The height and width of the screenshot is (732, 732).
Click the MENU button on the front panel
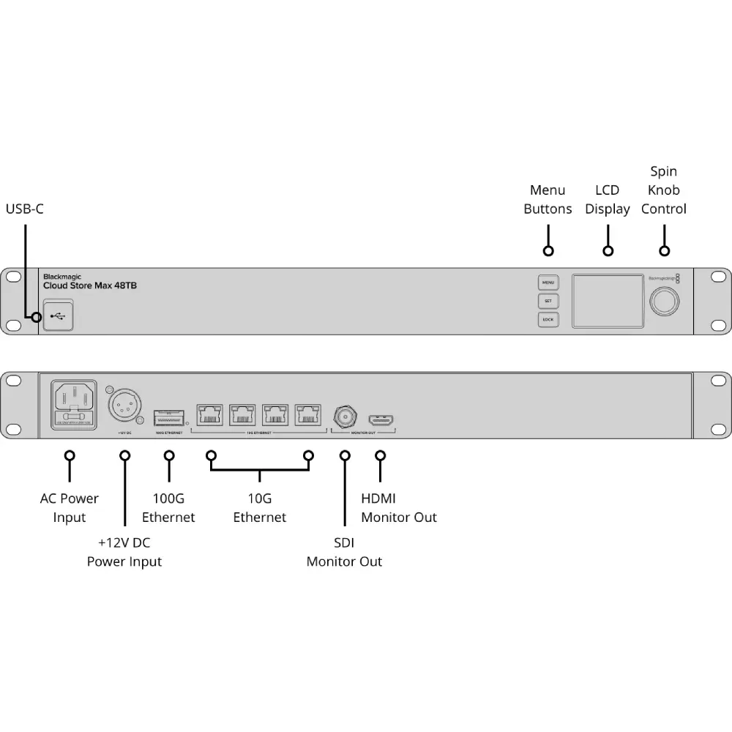pyautogui.click(x=548, y=283)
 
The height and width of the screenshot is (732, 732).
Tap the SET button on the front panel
pyautogui.click(x=548, y=301)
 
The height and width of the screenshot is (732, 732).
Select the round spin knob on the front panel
pyautogui.click(x=664, y=302)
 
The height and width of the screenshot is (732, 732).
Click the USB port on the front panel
pyautogui.click(x=58, y=316)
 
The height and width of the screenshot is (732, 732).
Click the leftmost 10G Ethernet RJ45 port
pyautogui.click(x=211, y=415)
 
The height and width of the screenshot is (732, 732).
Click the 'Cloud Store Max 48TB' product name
pyautogui.click(x=89, y=285)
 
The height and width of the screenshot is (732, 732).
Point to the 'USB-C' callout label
pyautogui.click(x=25, y=209)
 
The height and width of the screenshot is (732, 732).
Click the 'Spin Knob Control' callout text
pyautogui.click(x=664, y=190)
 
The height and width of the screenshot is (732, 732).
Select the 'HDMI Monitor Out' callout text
pyautogui.click(x=399, y=508)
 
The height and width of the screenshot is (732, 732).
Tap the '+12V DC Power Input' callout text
pyautogui.click(x=124, y=553)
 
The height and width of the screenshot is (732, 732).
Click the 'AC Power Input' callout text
pyautogui.click(x=70, y=508)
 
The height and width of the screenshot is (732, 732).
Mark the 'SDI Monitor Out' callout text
pyautogui.click(x=344, y=553)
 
